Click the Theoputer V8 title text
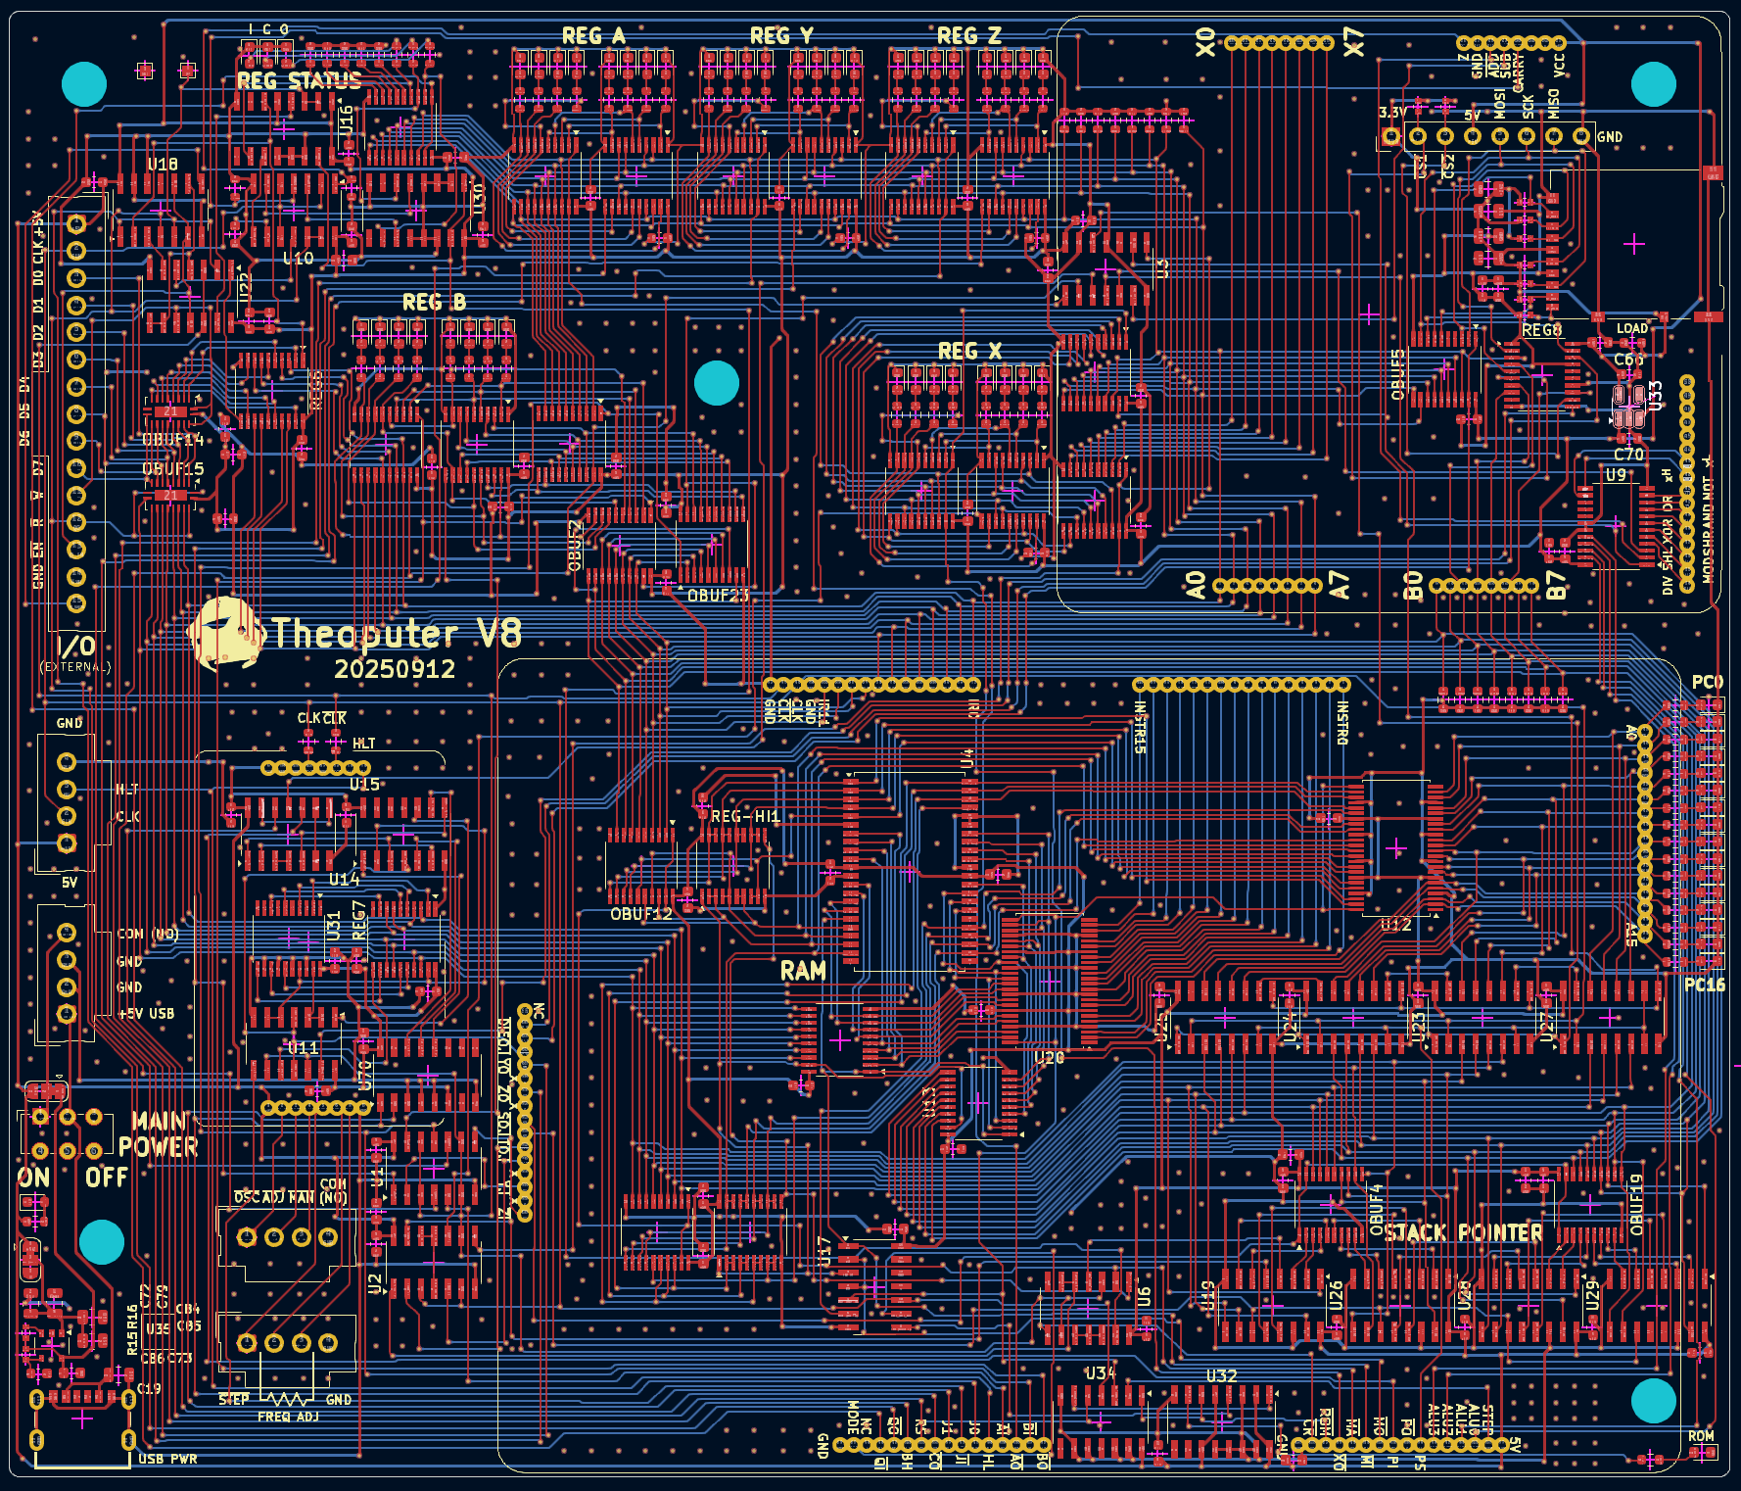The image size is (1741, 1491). pos(396,634)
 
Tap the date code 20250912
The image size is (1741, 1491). pos(395,669)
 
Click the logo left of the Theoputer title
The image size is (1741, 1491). pos(226,634)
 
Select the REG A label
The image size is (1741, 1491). pos(593,36)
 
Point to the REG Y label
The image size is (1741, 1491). pos(781,36)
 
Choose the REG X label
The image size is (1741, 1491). pos(969,351)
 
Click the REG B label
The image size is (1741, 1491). pos(434,303)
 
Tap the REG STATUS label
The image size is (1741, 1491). pos(299,81)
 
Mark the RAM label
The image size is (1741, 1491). pos(803,971)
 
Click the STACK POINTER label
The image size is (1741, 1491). pos(1463,1232)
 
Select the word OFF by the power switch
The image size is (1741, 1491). pos(106,1177)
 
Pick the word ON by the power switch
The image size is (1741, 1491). pos(33,1177)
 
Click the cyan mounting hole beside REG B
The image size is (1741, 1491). pos(716,383)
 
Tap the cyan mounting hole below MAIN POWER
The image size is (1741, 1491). pos(101,1242)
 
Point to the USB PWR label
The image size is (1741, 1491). pos(167,1459)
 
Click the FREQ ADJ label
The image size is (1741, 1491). pos(288,1417)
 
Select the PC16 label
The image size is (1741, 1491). pos(1704,985)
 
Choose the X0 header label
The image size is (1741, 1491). pos(1205,42)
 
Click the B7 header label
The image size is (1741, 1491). pos(1556,586)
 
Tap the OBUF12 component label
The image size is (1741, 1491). pos(641,914)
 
